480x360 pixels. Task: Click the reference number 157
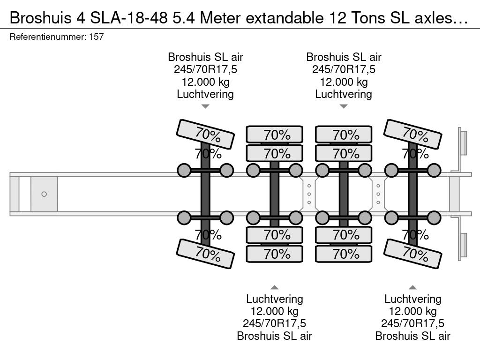coord(97,37)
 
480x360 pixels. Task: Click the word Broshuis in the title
coord(41,18)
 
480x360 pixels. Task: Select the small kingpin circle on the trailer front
coord(44,194)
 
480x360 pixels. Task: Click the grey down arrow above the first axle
coord(205,106)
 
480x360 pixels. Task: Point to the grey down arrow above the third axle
coord(344,106)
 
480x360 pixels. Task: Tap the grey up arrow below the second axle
coord(275,287)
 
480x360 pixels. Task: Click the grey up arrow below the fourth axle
coord(412,287)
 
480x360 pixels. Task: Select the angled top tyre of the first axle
coord(205,134)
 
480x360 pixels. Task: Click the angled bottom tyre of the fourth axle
coord(412,254)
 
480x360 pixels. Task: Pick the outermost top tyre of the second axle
coord(275,135)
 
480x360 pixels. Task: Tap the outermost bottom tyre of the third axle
coord(344,254)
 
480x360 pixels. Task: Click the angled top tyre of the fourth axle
coord(412,134)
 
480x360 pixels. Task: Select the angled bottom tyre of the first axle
coord(205,254)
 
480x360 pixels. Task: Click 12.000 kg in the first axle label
coord(205,82)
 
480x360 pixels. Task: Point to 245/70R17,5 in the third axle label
coord(344,69)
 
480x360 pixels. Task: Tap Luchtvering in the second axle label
coord(275,299)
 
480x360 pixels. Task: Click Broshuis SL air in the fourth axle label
coord(412,336)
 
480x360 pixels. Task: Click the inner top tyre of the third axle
coord(344,153)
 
